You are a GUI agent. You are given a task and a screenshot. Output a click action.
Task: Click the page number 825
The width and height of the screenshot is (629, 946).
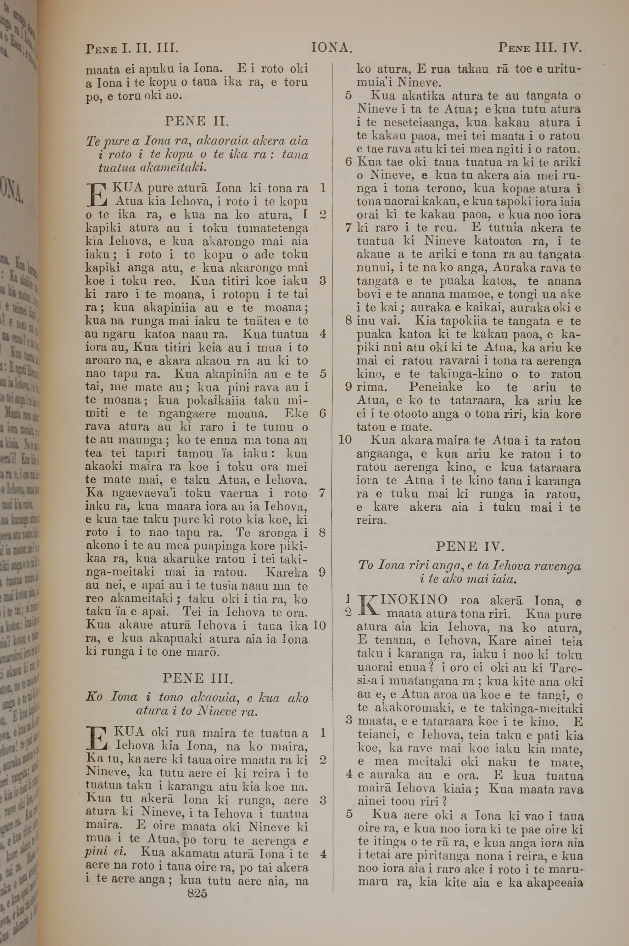(x=197, y=893)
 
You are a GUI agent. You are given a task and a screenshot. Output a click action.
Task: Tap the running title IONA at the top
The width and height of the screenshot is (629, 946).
(x=332, y=48)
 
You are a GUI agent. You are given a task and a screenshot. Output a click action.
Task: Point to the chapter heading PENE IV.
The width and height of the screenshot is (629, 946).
(x=469, y=546)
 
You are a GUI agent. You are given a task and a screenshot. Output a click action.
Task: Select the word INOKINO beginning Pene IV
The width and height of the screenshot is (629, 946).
(x=415, y=600)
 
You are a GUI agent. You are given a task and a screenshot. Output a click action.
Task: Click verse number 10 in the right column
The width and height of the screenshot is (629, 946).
(x=345, y=440)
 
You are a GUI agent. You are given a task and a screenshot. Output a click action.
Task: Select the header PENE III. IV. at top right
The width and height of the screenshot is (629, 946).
(x=540, y=48)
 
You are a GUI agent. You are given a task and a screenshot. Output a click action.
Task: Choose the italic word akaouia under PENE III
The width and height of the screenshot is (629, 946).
(x=214, y=698)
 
